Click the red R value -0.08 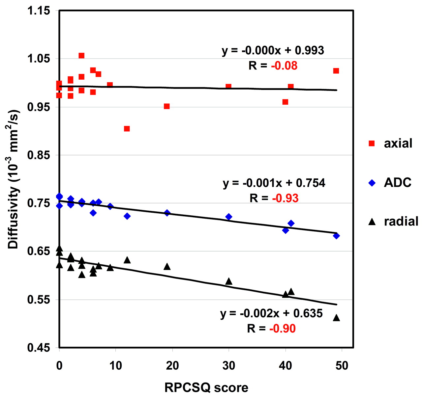(x=284, y=66)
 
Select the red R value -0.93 (x=285, y=198)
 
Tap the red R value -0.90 (x=283, y=329)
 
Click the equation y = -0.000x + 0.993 (x=273, y=50)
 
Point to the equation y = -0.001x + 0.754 (x=274, y=183)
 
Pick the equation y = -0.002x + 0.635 (x=271, y=313)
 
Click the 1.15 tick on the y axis (x=39, y=11)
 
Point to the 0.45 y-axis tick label (x=39, y=348)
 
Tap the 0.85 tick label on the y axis (x=39, y=155)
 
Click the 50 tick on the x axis (x=342, y=365)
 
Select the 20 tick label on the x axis (x=172, y=365)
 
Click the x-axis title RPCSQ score (x=206, y=388)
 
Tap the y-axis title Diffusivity (x=14, y=179)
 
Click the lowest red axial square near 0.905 (x=127, y=129)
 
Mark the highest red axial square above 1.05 (x=81, y=56)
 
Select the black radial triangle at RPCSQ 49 (x=336, y=318)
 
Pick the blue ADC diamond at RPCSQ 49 (x=336, y=236)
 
